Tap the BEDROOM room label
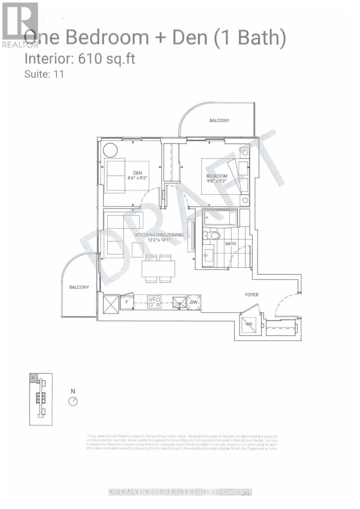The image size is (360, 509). (217, 176)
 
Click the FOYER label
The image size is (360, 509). (252, 294)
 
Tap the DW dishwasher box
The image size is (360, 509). (194, 302)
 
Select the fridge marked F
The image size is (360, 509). (126, 302)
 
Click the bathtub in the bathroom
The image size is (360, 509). (220, 218)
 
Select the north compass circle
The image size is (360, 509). (73, 401)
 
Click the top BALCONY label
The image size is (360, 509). (219, 120)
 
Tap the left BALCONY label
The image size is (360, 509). (79, 287)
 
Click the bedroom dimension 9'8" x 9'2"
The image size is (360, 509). (217, 181)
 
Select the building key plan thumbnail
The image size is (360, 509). (41, 399)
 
